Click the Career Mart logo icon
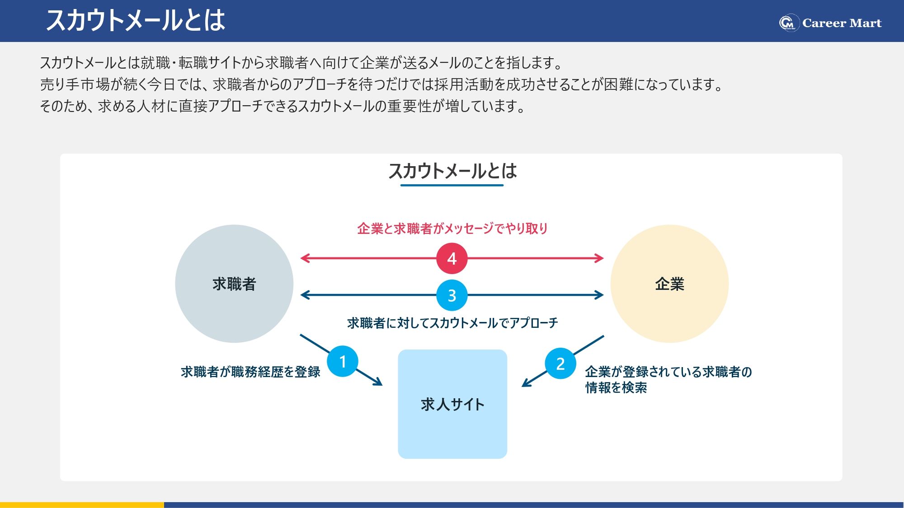coord(789,23)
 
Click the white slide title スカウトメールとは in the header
coord(136,21)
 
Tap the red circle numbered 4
coord(452,258)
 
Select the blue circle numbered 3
coord(452,295)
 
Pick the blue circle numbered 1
coord(343,361)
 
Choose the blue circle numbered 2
coord(560,364)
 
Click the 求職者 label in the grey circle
coord(234,284)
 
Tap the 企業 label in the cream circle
coord(669,284)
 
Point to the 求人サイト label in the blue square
coord(452,404)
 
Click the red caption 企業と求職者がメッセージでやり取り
coord(452,228)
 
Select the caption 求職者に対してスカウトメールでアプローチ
coord(452,323)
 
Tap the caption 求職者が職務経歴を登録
coord(250,372)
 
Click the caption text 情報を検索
coord(616,387)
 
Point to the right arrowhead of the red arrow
coord(600,258)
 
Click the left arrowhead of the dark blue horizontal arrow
coord(304,295)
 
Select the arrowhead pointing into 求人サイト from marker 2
coord(525,384)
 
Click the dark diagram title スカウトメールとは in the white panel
coord(452,171)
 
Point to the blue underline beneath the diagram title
coord(452,185)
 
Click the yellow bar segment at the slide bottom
coord(82,505)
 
